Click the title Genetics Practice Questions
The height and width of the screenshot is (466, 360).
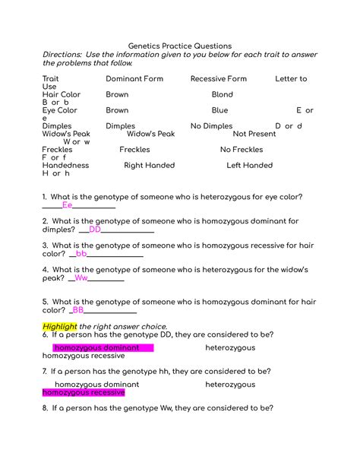coord(179,46)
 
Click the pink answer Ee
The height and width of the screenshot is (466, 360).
coord(67,204)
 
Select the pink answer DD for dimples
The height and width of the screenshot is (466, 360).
coord(95,229)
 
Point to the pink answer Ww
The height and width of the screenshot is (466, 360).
coord(81,278)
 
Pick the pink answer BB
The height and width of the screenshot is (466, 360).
coord(78,310)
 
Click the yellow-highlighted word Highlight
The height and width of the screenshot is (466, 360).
coord(60,326)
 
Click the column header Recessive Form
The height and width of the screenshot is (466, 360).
coord(218,78)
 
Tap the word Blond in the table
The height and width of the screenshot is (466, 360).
coord(222,95)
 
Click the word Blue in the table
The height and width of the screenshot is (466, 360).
coord(219,110)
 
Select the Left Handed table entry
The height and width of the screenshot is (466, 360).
coord(249,165)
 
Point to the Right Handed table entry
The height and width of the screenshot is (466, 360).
coord(149,165)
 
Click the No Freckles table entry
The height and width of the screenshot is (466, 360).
coord(242,150)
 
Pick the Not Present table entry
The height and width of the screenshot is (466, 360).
coord(254,134)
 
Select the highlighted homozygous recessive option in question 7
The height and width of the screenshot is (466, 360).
coord(84,392)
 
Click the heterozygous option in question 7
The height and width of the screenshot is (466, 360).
coord(230,385)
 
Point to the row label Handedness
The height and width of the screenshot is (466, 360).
coord(65,165)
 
